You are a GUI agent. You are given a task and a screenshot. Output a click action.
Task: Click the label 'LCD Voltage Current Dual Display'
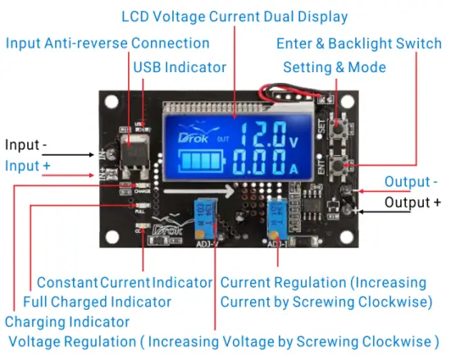[x=234, y=16]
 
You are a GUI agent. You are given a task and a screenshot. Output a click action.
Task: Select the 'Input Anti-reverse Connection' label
[x=107, y=43]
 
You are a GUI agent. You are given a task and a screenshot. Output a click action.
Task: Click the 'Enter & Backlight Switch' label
[x=358, y=43]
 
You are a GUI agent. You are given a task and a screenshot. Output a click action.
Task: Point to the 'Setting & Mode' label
[x=334, y=66]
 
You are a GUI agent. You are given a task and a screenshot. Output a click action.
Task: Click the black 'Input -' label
[x=26, y=145]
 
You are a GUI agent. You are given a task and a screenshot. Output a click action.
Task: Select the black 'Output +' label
[x=412, y=202]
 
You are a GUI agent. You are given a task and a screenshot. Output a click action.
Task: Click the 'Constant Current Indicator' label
[x=125, y=282]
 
